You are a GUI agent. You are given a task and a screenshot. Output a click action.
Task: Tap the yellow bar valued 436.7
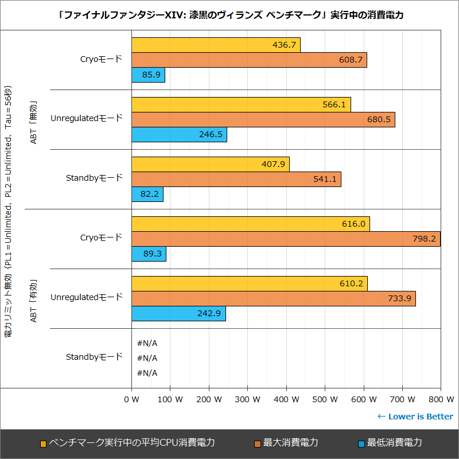tap(216, 45)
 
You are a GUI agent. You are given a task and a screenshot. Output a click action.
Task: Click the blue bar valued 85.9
tap(148, 75)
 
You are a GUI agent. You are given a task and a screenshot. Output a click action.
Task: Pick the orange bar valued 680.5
tap(263, 119)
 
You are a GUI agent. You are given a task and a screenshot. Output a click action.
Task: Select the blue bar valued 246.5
tap(179, 134)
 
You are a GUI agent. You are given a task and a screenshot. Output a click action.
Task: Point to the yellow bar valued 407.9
tap(210, 164)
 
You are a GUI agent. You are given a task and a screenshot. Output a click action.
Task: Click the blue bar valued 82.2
tap(147, 195)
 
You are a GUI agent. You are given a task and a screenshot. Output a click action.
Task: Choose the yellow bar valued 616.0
tap(250, 224)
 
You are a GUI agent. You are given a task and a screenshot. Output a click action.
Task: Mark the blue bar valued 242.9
tap(178, 314)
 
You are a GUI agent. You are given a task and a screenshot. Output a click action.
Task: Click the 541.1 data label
tap(325, 180)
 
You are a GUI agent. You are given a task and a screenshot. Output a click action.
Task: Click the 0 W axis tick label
tap(132, 399)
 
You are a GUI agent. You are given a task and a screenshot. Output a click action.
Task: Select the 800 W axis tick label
tap(441, 399)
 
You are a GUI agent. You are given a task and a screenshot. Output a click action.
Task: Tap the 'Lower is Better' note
tap(415, 417)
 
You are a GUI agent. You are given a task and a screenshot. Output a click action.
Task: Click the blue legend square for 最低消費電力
tap(361, 444)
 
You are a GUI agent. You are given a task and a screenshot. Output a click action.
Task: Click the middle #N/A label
tap(147, 358)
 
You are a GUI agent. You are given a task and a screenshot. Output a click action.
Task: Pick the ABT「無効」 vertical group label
tap(33, 119)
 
